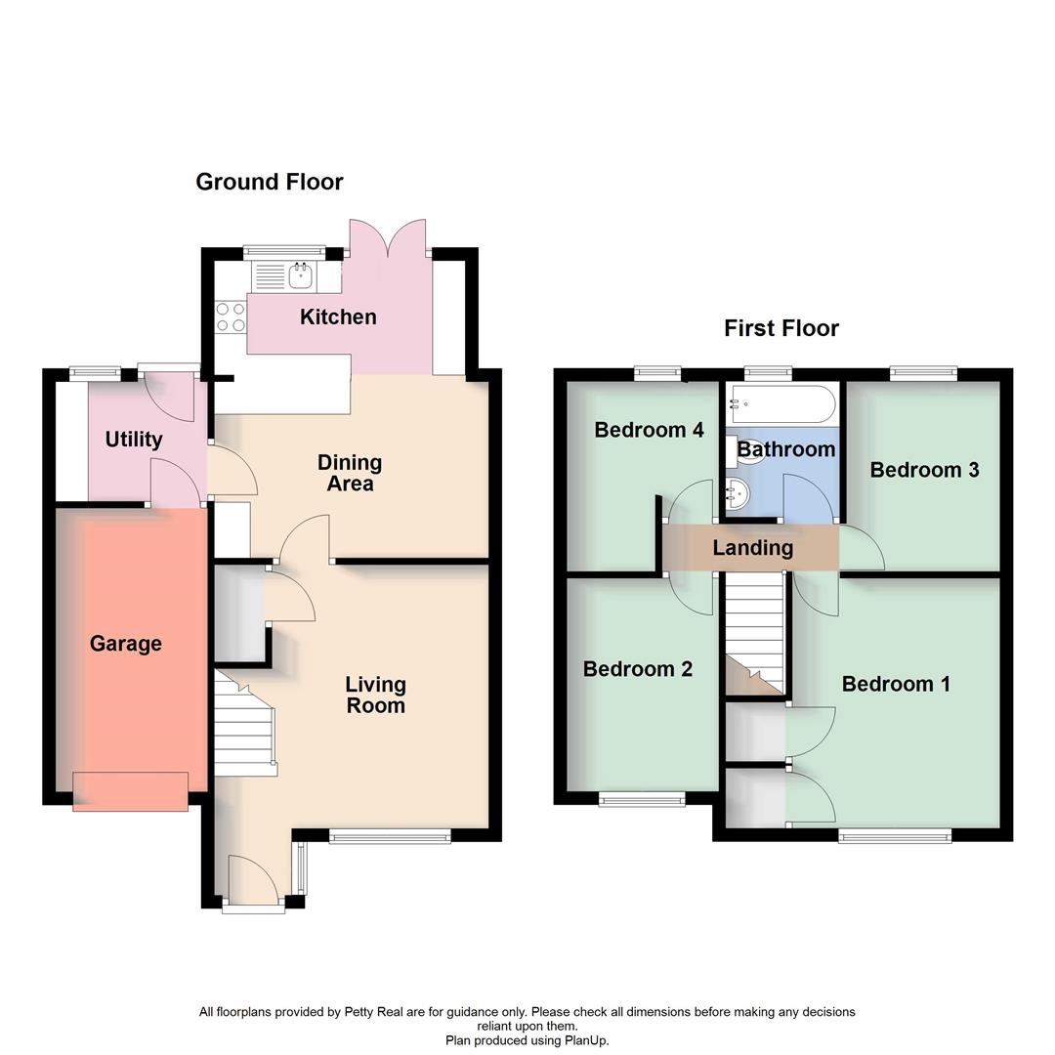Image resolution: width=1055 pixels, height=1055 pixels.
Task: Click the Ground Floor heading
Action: coord(270,182)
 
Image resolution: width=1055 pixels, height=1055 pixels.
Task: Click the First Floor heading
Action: coord(781,328)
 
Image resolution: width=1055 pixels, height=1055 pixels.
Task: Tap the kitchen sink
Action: coord(299,275)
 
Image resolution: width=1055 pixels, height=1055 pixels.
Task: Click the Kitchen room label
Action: coord(338,316)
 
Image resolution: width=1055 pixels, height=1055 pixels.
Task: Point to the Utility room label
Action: coord(134,440)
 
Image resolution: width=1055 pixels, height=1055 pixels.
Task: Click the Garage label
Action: coord(126,644)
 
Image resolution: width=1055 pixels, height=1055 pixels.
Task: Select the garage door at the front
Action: coord(130,791)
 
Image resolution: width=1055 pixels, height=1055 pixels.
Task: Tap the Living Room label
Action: coord(375,695)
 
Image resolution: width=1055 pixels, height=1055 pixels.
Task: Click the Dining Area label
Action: coord(350,473)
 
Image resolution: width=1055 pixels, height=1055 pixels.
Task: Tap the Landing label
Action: coord(752,548)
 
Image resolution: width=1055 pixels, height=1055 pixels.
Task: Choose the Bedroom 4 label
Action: coord(649,430)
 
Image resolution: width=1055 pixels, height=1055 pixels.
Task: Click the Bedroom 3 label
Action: coord(924,470)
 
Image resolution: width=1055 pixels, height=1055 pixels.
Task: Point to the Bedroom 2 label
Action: coord(638,669)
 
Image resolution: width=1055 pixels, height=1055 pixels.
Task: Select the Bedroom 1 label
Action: coord(896,684)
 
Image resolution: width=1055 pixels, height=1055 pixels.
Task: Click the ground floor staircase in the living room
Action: coord(244,723)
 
